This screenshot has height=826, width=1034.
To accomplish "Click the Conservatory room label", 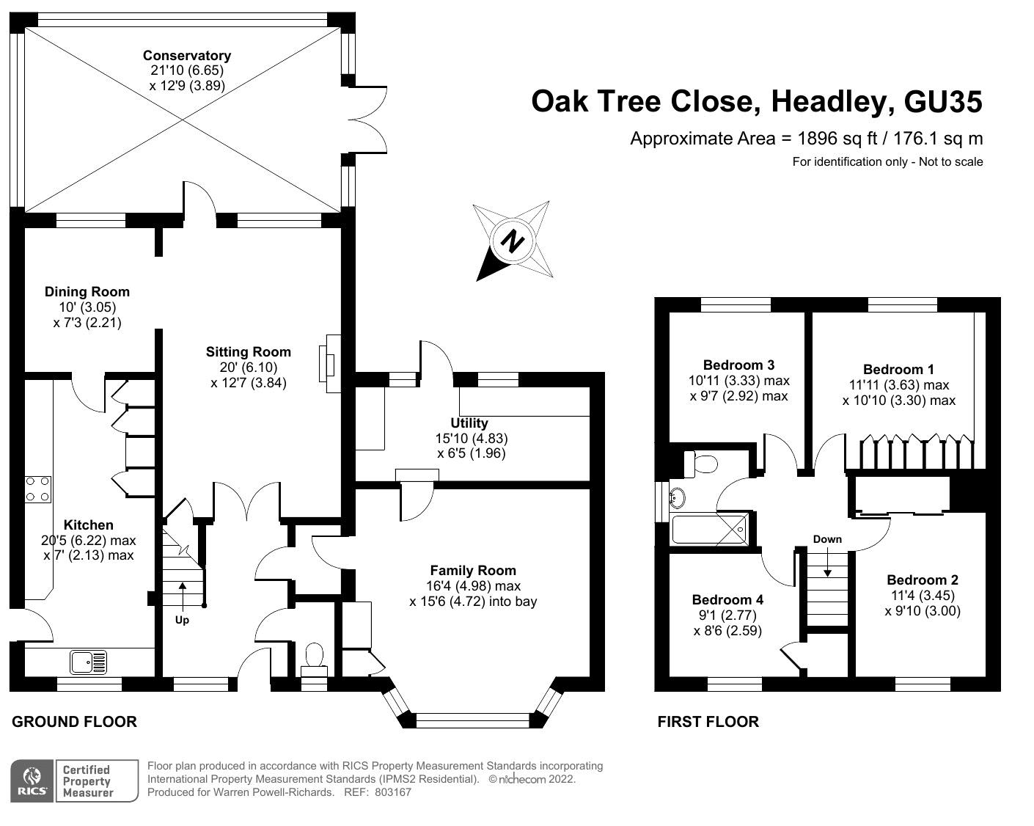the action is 187,56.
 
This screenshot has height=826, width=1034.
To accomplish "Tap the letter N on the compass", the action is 512,241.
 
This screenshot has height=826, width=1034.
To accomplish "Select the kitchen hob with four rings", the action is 38,489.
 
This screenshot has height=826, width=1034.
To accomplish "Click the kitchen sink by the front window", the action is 89,662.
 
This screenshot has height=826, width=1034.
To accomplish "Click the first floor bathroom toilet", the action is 701,464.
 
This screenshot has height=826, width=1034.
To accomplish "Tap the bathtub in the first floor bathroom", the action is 710,529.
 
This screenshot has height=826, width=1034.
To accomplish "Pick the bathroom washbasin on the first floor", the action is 677,498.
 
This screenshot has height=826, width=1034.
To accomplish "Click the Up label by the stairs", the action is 182,620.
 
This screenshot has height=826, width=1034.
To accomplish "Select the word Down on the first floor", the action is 827,539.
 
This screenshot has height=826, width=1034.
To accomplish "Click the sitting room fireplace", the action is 330,364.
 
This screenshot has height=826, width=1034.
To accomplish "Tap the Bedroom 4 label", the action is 727,599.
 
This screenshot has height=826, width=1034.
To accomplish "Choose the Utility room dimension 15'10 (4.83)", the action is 472,439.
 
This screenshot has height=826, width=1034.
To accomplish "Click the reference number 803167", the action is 393,792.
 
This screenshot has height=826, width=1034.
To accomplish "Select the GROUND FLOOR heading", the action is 75,722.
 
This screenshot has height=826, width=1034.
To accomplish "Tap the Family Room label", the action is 473,570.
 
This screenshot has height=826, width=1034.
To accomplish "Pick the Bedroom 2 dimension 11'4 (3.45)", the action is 923,595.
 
